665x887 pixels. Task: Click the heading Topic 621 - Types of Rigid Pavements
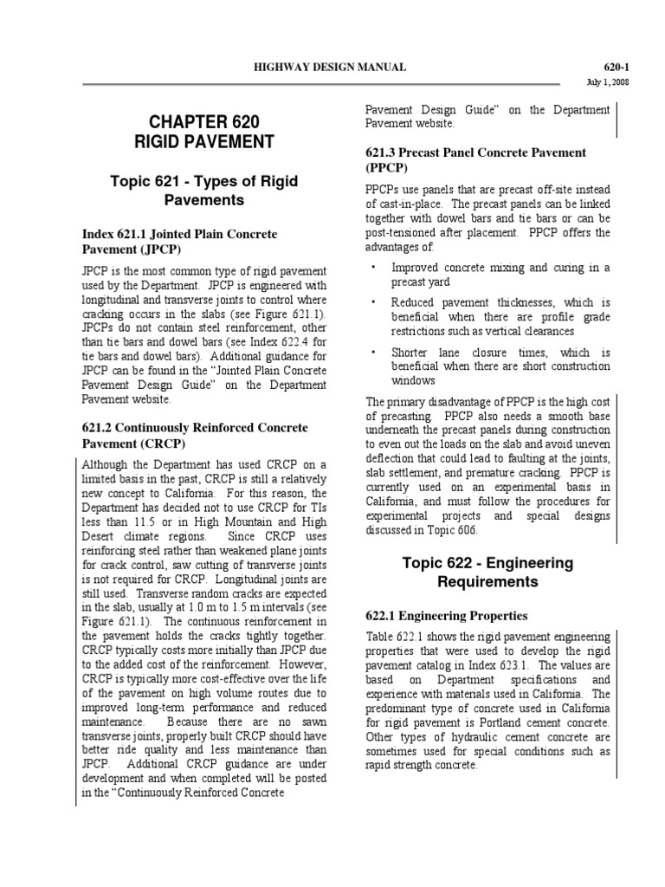coord(204,190)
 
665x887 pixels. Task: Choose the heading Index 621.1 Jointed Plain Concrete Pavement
coord(179,242)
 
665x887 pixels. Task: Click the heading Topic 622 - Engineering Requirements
coord(488,572)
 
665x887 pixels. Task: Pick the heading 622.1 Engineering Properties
coord(447,616)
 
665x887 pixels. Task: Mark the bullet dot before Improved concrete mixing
coord(372,268)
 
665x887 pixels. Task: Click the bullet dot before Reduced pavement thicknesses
coord(372,302)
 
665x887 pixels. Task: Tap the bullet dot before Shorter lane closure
coord(372,353)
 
